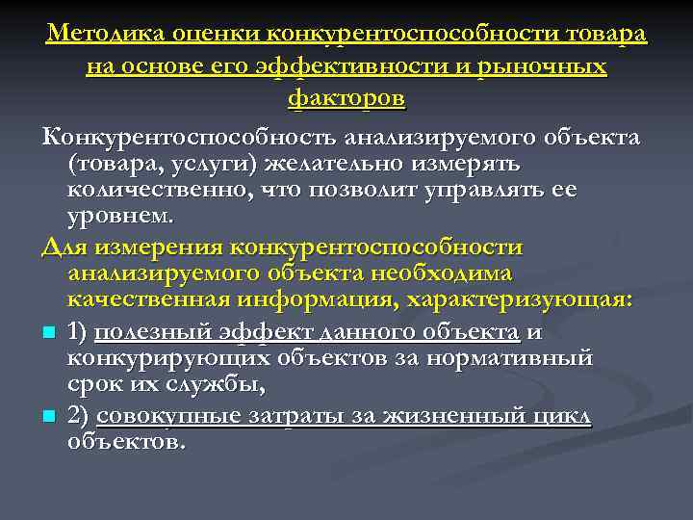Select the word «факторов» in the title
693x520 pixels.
click(x=346, y=97)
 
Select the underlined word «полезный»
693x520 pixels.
click(x=149, y=332)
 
